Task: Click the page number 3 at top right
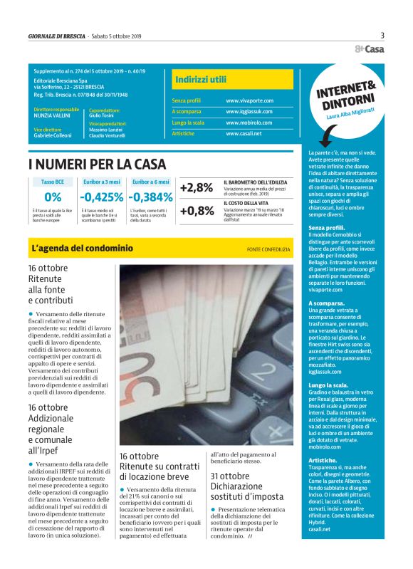click(382, 35)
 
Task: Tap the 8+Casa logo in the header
click(370, 48)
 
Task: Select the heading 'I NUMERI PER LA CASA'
click(98, 165)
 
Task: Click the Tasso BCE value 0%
click(52, 197)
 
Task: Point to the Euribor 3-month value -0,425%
click(102, 197)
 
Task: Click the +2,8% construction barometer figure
click(197, 188)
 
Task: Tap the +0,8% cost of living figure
click(197, 211)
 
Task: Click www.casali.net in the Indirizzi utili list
click(244, 133)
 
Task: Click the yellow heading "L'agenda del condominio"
click(83, 249)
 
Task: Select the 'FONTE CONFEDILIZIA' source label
click(268, 249)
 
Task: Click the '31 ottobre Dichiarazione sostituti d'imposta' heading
click(247, 486)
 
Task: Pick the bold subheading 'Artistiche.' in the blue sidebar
click(322, 462)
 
